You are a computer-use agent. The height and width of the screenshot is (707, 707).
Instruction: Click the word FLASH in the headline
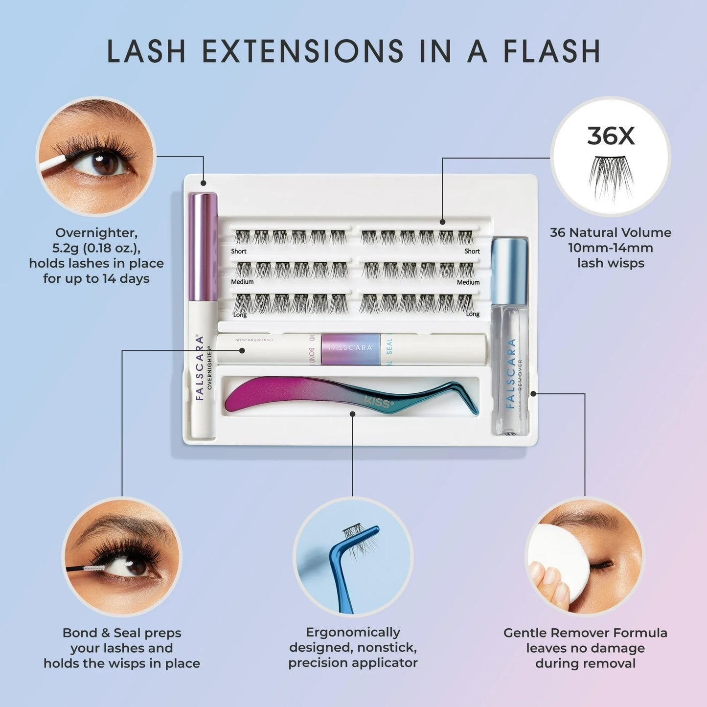pos(551,51)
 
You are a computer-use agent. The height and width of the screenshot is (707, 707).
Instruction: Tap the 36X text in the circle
pos(610,136)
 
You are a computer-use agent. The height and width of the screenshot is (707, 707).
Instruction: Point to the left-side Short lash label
pos(239,251)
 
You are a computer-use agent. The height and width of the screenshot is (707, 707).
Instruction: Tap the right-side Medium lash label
pos(468,282)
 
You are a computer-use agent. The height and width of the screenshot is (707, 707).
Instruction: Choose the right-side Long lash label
pos(472,314)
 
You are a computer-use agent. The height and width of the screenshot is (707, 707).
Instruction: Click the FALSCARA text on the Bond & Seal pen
pos(350,347)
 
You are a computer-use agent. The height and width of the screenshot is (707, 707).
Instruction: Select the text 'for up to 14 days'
pos(96,279)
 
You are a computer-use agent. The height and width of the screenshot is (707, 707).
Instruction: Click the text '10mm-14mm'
pos(610,248)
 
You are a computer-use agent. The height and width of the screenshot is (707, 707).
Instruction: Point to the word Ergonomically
pos(353,632)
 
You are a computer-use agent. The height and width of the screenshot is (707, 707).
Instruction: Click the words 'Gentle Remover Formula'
pos(585,633)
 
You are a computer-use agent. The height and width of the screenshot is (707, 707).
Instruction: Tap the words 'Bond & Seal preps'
pos(122,633)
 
